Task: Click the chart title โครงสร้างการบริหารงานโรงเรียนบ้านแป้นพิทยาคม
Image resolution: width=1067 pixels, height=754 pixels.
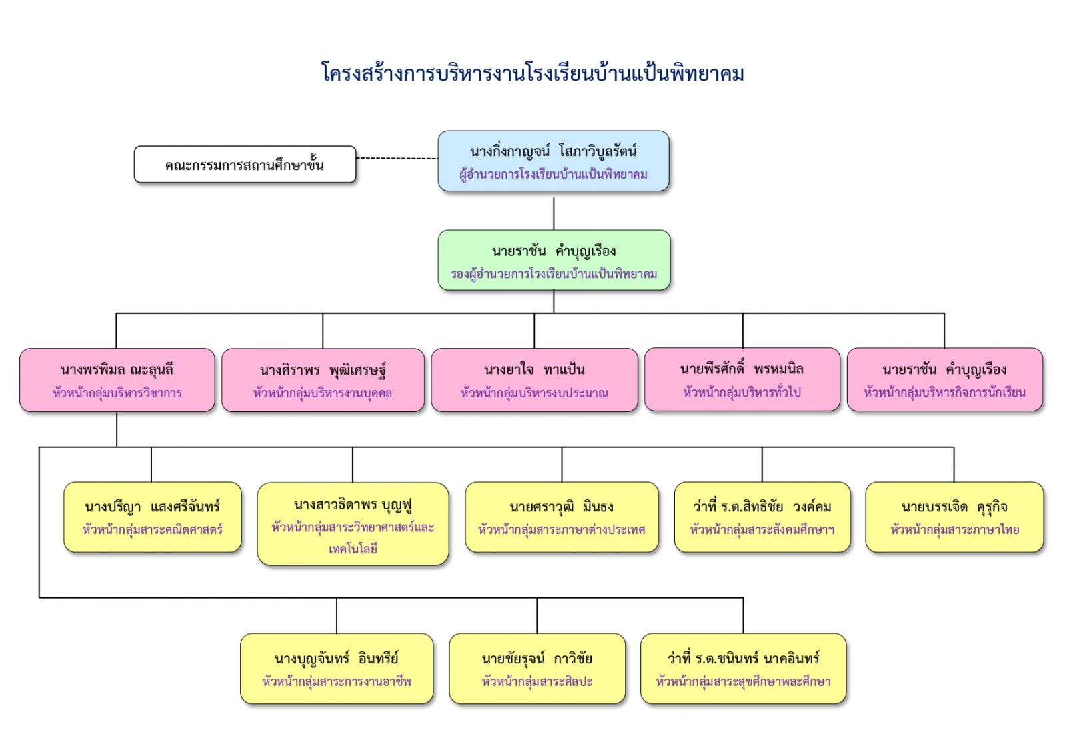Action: [533, 73]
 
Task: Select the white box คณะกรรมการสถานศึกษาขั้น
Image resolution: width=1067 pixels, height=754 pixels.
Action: [245, 165]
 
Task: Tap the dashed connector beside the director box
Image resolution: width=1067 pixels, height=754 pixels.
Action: [397, 159]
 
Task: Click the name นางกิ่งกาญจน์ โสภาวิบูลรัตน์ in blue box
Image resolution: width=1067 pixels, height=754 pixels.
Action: [553, 151]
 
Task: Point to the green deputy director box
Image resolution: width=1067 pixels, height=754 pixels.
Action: [554, 261]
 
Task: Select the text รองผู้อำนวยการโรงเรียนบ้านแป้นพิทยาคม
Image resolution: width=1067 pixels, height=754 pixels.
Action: [554, 274]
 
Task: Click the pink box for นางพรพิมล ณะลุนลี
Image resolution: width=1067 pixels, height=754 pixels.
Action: [117, 380]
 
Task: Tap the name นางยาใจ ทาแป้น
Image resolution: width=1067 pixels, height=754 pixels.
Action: [534, 369]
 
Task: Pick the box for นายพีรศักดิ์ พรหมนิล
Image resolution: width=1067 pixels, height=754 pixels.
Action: [742, 379]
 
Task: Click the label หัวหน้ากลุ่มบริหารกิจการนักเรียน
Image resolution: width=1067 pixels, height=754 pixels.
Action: [944, 393]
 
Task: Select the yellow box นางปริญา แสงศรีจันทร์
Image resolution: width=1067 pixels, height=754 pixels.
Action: [152, 517]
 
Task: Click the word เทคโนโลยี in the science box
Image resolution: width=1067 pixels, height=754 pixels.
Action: [353, 549]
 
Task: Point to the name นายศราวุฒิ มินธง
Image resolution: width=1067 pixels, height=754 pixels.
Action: [562, 507]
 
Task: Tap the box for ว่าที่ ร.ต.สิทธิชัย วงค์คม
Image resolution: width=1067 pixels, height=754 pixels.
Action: [762, 517]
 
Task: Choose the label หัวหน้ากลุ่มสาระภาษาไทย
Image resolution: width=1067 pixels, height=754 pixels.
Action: [954, 530]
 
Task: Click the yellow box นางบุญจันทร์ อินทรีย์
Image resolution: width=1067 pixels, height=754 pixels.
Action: [337, 669]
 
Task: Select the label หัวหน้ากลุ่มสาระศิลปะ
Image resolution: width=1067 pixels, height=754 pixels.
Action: [537, 682]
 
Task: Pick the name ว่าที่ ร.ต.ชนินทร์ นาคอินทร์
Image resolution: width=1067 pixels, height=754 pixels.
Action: [743, 659]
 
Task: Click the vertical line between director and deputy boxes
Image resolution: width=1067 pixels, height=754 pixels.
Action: [554, 211]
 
